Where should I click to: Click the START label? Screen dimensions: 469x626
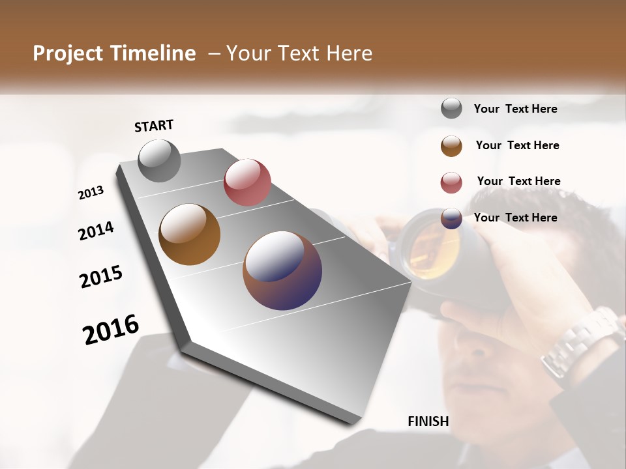point(154,126)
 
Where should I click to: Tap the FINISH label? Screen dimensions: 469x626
point(428,421)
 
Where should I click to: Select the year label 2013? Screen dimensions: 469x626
point(91,193)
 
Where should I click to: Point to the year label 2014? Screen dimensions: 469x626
point(96,231)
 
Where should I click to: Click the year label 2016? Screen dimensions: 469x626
point(111,330)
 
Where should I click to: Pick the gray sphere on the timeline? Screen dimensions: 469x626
point(159,160)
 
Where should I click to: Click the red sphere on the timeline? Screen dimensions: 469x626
point(247,182)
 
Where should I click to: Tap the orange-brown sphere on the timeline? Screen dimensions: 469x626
point(189,234)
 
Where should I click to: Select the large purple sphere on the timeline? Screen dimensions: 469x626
point(282,270)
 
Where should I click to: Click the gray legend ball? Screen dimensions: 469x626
point(451,109)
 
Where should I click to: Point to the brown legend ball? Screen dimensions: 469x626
point(451,146)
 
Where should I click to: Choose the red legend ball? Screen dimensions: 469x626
point(451,182)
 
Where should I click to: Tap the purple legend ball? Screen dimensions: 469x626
point(451,218)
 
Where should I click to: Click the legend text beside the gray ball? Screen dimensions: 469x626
point(515,109)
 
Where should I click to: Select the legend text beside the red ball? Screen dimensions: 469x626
point(518,181)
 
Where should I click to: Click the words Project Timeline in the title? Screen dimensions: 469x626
point(114,53)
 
